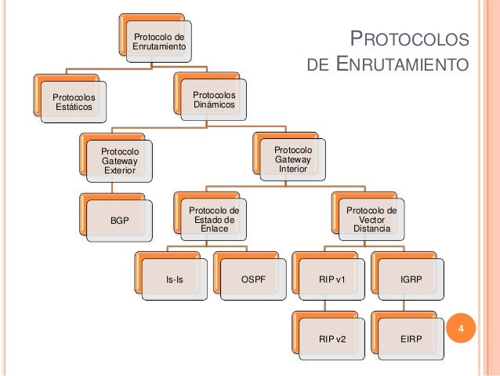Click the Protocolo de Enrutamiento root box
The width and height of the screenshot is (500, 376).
(160, 42)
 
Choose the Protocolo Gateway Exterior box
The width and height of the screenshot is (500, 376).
(119, 159)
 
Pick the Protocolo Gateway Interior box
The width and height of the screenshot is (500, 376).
(293, 159)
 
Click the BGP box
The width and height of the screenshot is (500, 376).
(119, 221)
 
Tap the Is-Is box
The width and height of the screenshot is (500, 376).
(175, 279)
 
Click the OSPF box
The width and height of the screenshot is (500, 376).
(252, 279)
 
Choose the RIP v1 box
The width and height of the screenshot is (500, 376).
(332, 279)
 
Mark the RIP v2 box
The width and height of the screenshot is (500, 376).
(332, 339)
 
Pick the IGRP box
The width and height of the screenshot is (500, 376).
(410, 279)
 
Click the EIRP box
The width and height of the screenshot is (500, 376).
(410, 339)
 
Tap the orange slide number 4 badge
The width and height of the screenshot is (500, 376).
(462, 329)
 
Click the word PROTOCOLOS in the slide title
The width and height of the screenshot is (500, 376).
(408, 40)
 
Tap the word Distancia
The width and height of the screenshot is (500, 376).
(371, 228)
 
